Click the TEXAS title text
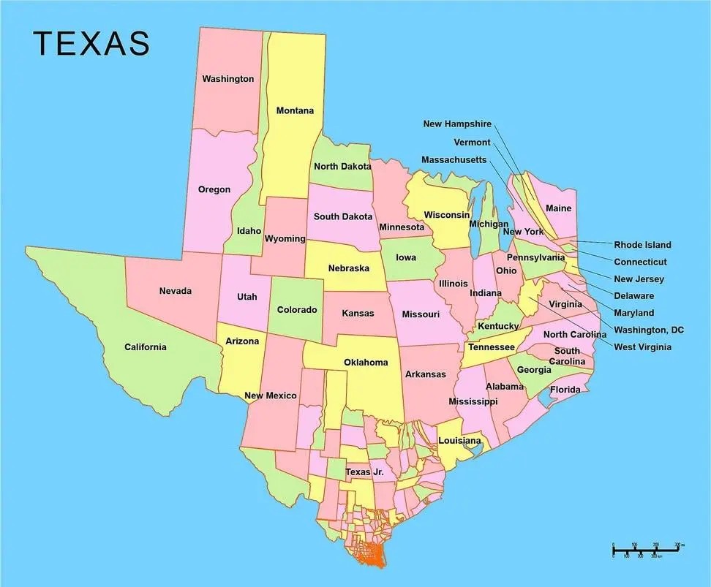[91, 44]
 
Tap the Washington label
[228, 79]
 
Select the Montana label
[295, 111]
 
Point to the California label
[145, 347]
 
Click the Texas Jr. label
[364, 472]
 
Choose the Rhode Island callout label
[642, 245]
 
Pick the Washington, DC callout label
[649, 330]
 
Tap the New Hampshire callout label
[457, 124]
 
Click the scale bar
[647, 548]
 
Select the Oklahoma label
[366, 363]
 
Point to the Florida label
[565, 390]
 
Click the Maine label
[559, 208]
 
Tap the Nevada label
[176, 292]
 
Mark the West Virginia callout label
[642, 347]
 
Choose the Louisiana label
[459, 441]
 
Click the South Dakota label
[343, 216]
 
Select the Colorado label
[297, 310]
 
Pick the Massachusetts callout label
[454, 160]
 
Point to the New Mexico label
[271, 395]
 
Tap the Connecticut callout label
[640, 262]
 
